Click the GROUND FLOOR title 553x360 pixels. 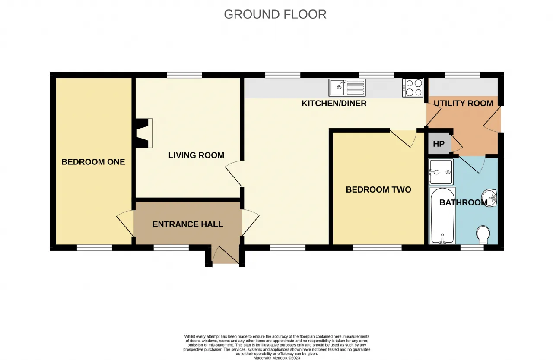(275, 14)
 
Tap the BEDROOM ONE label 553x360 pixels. (93, 162)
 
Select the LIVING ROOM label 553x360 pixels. (196, 155)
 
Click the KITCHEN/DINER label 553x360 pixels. (334, 103)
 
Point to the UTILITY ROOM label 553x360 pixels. (464, 103)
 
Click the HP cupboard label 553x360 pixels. (439, 144)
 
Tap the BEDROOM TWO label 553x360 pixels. (378, 189)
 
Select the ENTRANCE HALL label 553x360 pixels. (188, 224)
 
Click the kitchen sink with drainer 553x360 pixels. (347, 88)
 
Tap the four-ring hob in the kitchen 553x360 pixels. (413, 88)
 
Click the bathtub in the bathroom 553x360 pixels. (442, 216)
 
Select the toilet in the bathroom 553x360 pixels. (483, 235)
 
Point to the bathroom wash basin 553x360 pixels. (489, 198)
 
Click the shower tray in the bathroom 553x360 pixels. (441, 172)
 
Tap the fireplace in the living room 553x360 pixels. (144, 133)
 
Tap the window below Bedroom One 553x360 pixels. (94, 248)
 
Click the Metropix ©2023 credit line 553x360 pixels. (277, 358)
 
